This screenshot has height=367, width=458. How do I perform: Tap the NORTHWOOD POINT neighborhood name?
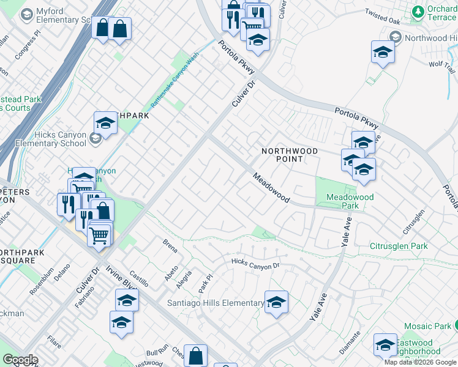point(290,155)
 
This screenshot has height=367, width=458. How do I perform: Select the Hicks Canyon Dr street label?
point(255,264)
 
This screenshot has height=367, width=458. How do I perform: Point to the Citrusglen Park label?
point(399,246)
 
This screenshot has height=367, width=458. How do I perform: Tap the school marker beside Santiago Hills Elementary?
point(276,303)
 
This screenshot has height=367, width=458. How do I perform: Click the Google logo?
point(20,360)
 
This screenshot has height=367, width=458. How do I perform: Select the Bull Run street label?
point(157,350)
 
